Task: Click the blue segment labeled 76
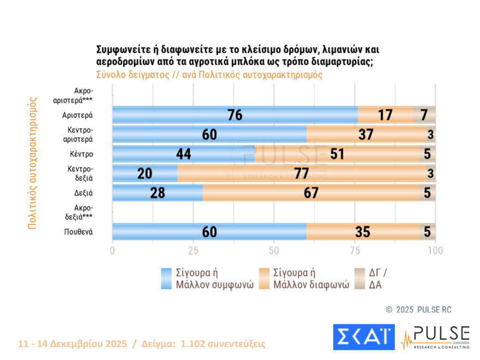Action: pyautogui.click(x=235, y=115)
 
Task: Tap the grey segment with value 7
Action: pyautogui.click(x=424, y=115)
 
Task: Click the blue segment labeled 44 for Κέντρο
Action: pyautogui.click(x=183, y=154)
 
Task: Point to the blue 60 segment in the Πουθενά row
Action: pyautogui.click(x=209, y=232)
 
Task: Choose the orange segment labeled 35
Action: pyautogui.click(x=362, y=232)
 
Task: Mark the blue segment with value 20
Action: pyautogui.click(x=145, y=173)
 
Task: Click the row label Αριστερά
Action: pyautogui.click(x=77, y=115)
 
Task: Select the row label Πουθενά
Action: pyautogui.click(x=77, y=232)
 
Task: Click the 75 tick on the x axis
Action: pyautogui.click(x=355, y=251)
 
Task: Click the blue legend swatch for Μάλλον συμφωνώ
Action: pyautogui.click(x=167, y=278)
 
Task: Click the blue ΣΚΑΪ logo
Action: pyautogui.click(x=363, y=337)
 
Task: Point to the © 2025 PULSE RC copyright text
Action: pyautogui.click(x=418, y=309)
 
